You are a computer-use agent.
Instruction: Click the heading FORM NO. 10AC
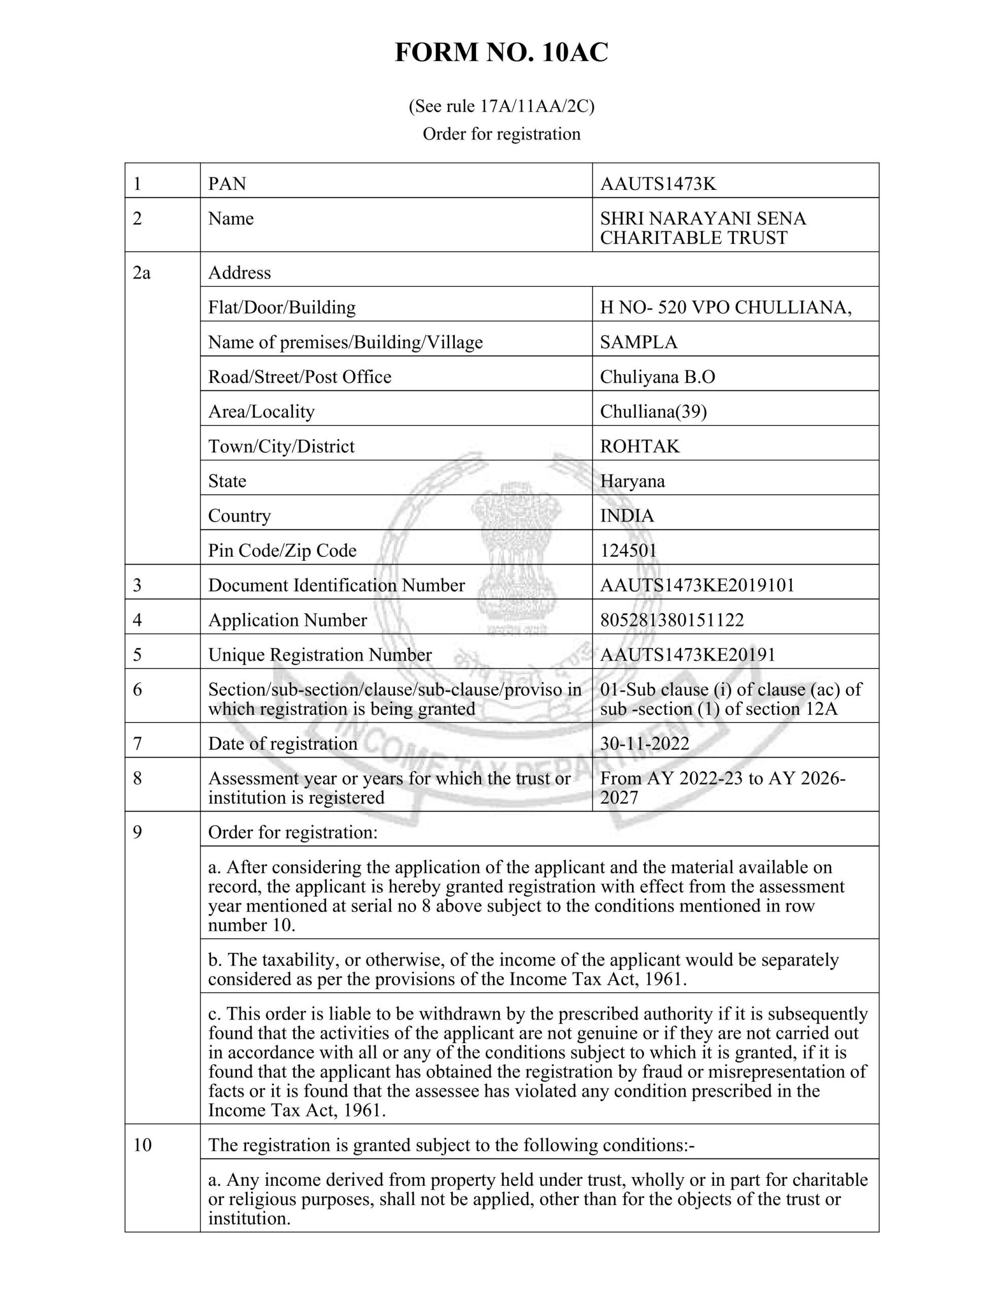501,52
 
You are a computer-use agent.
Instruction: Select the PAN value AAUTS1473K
658,184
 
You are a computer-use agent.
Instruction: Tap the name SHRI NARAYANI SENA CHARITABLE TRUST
702,228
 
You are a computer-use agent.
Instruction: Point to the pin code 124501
628,550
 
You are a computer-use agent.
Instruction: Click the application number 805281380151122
672,620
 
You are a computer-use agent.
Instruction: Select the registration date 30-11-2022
645,744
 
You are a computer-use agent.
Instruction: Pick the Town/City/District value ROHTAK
639,446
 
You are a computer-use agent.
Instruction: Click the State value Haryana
632,481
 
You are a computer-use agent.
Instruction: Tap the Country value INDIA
627,515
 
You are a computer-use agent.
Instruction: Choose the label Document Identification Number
336,586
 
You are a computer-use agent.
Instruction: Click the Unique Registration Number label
320,655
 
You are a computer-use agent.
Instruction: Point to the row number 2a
142,273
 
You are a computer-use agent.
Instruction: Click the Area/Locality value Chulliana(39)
653,411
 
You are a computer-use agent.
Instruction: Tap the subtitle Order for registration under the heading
501,134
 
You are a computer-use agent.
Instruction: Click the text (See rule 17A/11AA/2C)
501,106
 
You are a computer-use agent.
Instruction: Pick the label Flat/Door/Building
282,307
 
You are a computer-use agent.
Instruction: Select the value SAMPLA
639,342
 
